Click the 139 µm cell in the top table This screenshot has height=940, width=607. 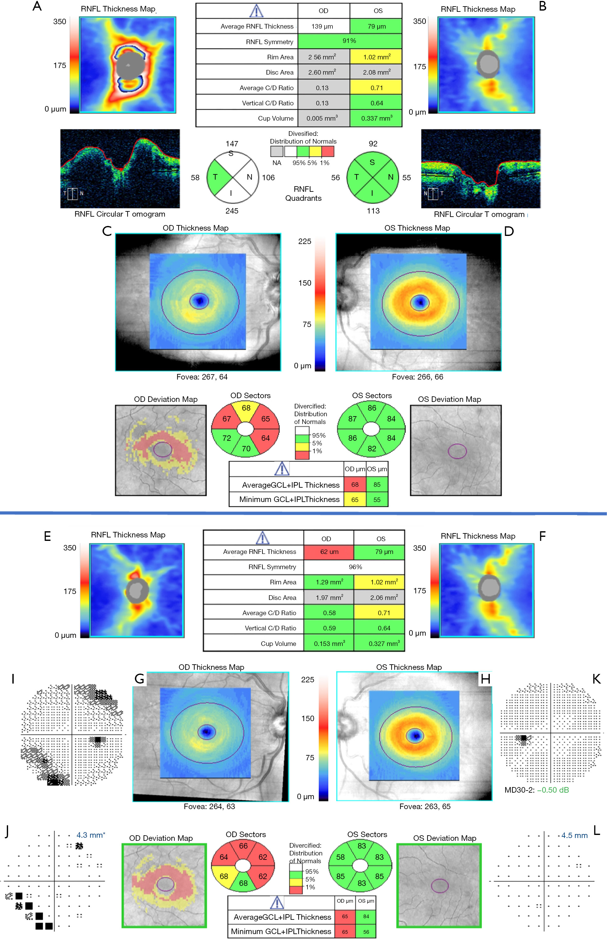322,26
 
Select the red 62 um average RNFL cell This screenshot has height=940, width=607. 329,551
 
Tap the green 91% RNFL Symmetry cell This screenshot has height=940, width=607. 349,41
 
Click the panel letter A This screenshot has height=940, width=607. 37,6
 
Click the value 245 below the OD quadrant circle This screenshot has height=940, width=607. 232,211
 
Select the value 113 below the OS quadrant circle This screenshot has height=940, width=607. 373,211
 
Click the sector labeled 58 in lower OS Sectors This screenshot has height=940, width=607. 341,857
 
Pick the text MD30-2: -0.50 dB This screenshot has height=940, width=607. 536,790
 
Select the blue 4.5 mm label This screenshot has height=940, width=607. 574,835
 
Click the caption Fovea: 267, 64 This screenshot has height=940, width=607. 202,377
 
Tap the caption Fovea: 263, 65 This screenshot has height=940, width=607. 424,806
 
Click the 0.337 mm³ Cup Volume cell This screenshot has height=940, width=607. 376,118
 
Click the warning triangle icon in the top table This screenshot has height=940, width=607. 256,11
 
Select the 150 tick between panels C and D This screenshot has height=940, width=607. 305,283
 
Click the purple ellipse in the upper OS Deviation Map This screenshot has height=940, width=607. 457,451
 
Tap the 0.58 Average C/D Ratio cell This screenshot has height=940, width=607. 329,613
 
